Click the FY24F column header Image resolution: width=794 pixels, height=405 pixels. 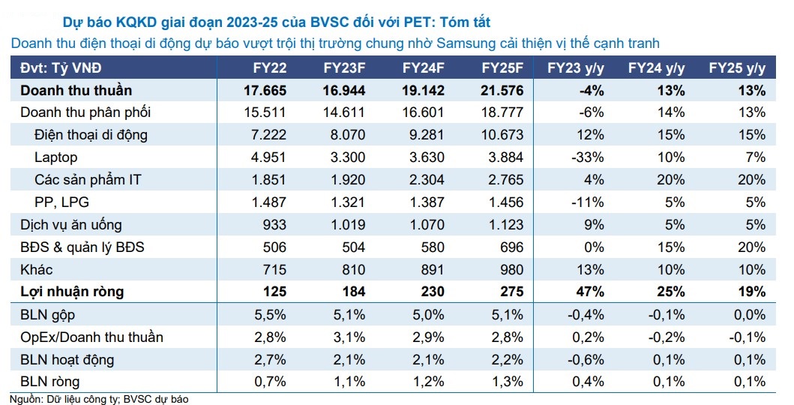coord(424,68)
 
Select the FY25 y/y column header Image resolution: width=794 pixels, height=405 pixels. coord(737,68)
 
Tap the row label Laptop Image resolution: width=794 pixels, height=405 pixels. coord(56,157)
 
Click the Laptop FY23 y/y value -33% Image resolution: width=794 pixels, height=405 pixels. coord(588,157)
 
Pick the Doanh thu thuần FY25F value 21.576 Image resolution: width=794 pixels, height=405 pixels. coord(502,91)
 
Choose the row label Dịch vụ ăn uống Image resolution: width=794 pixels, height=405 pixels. coord(70,224)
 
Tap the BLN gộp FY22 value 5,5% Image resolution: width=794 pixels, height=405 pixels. coord(270,314)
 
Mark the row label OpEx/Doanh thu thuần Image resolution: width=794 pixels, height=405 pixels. coord(91,337)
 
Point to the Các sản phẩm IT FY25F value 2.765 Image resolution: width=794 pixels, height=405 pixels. coord(503,180)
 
